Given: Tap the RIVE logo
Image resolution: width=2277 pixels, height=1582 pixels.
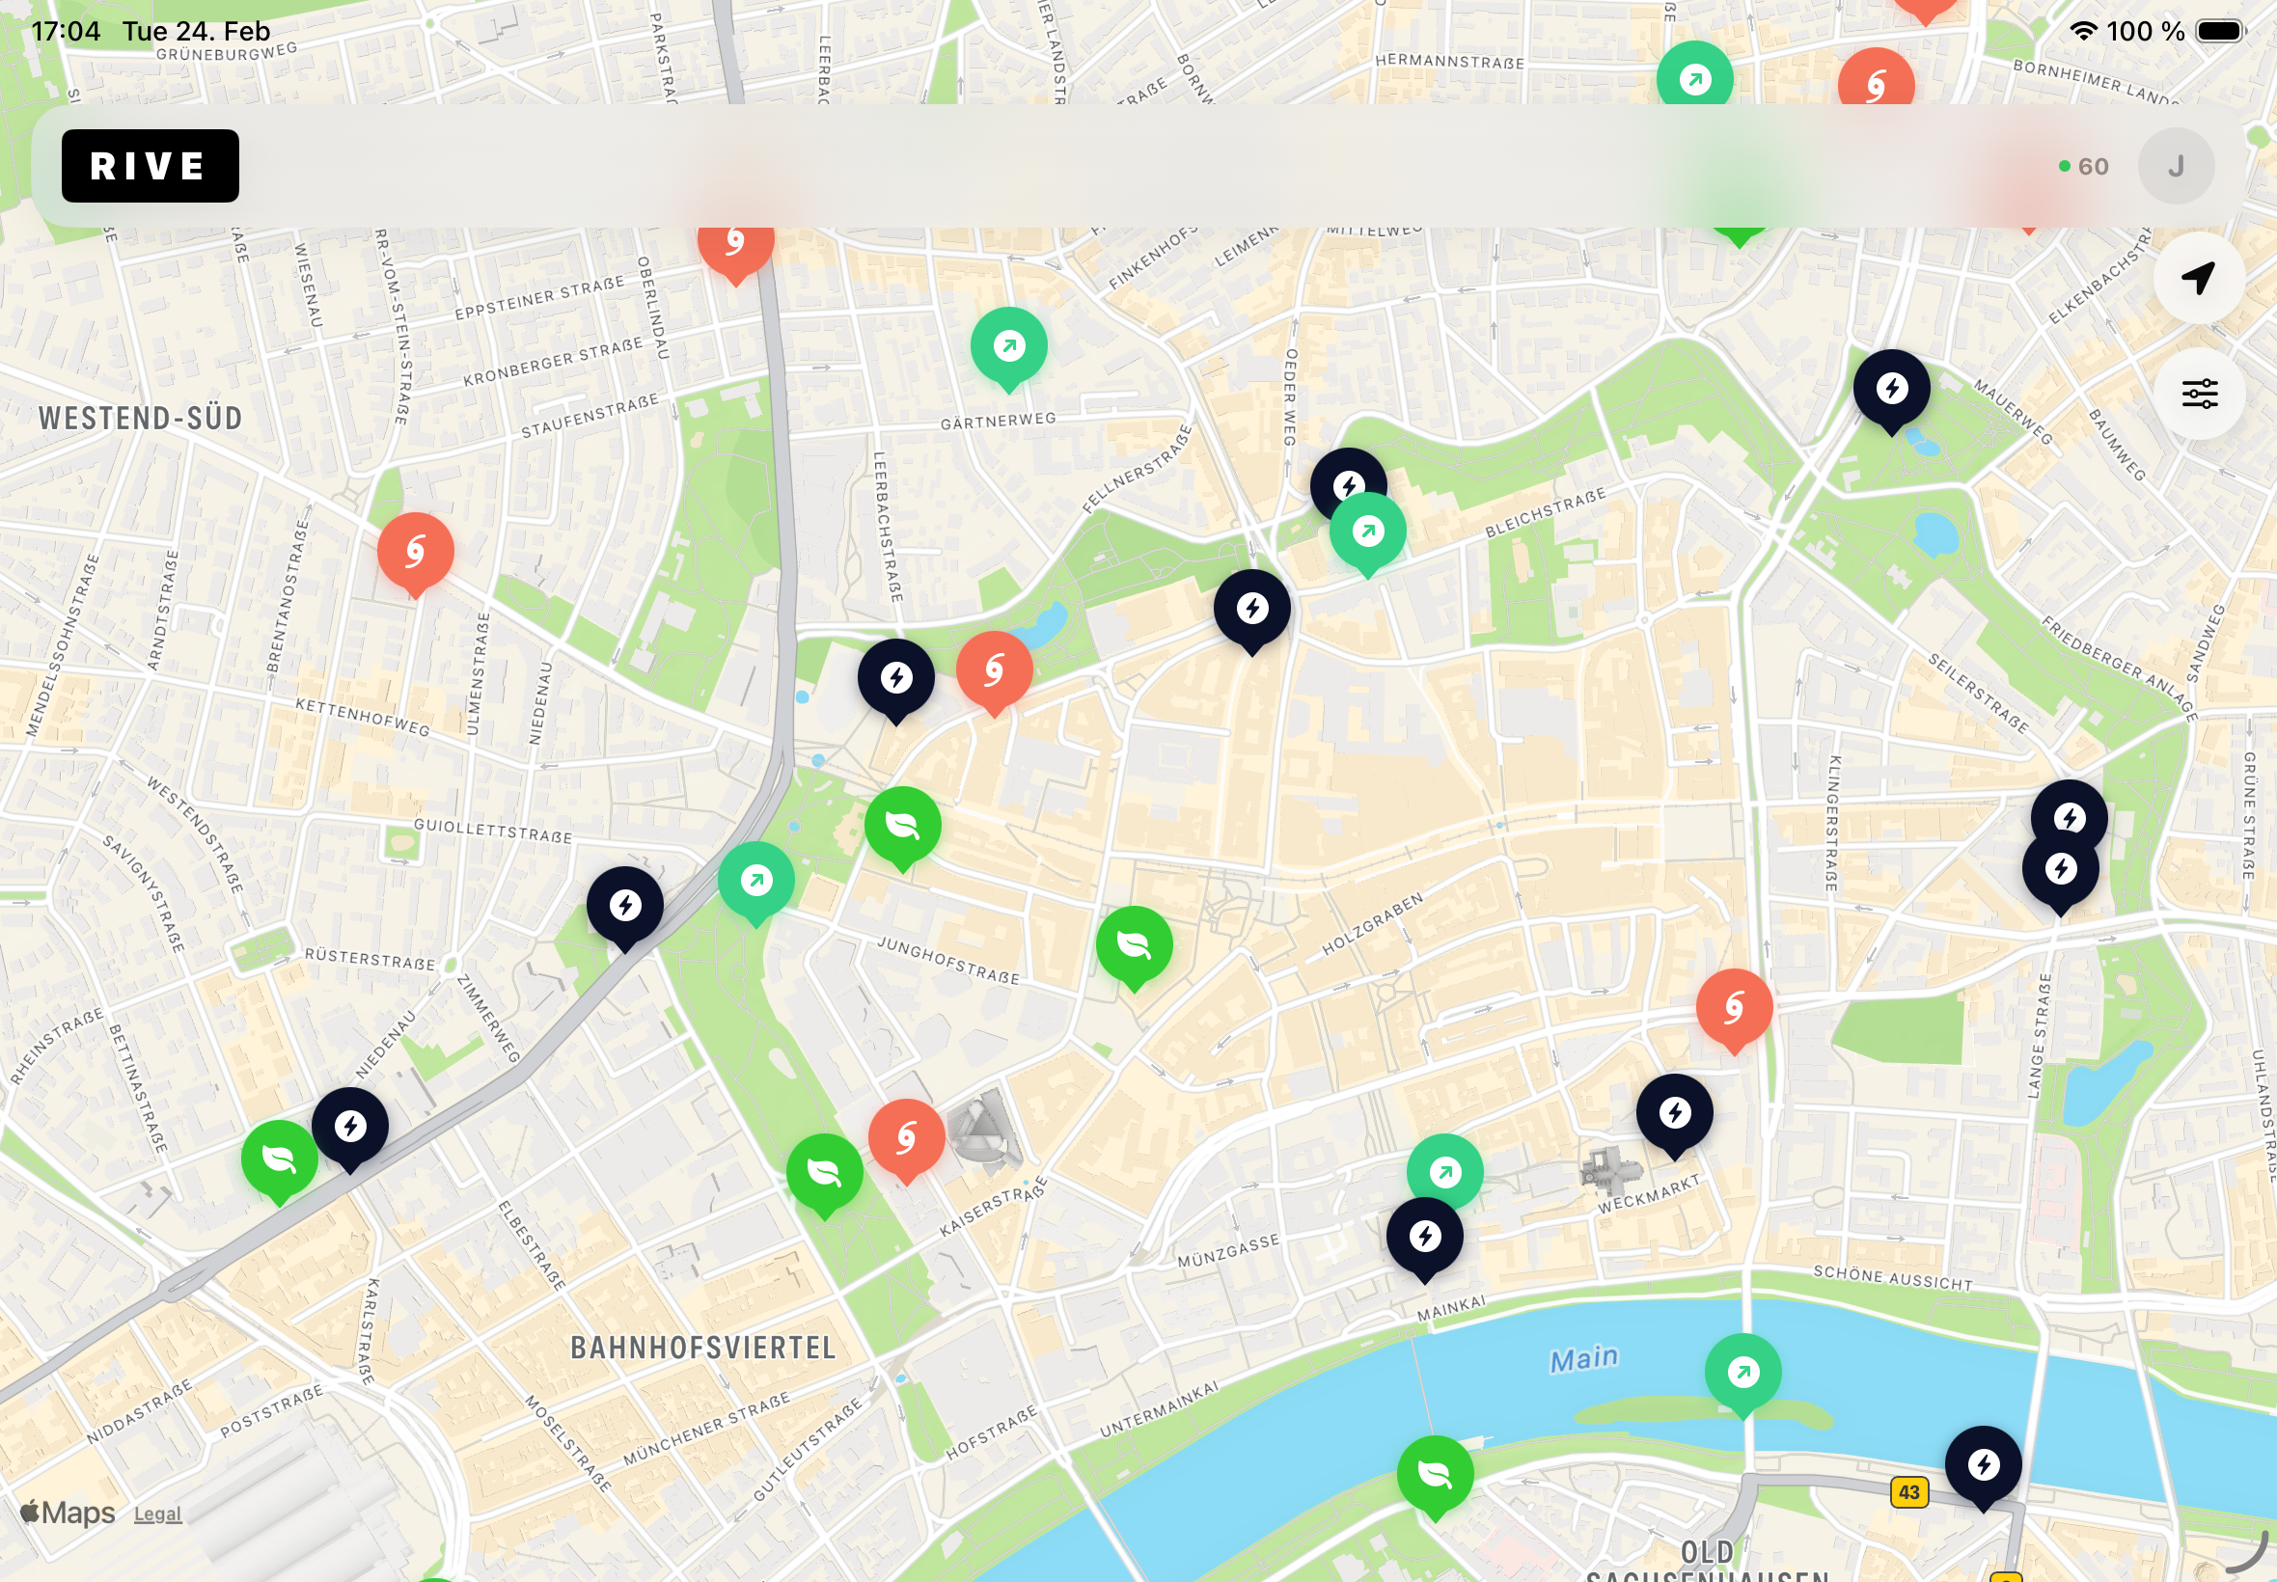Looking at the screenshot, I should click(150, 166).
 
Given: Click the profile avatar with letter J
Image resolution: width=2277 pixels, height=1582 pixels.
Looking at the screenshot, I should click(2175, 166).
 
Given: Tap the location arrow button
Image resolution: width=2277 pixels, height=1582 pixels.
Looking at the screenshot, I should click(2198, 279).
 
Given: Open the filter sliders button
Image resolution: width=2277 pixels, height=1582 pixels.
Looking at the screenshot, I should click(2199, 394).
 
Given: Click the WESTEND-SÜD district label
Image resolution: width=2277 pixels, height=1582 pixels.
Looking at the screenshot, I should click(140, 419).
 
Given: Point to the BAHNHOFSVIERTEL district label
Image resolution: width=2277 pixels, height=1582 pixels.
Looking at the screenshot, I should click(702, 1347).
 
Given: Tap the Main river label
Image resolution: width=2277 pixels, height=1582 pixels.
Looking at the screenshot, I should click(1583, 1358).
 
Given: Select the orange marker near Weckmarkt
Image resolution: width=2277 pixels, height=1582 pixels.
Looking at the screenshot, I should click(1734, 1007).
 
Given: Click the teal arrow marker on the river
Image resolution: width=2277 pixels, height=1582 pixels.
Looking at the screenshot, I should click(1742, 1371).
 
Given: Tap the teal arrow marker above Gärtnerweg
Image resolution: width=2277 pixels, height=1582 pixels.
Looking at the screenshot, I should click(1008, 346).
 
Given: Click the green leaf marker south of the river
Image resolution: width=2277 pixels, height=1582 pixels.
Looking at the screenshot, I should click(1435, 1473).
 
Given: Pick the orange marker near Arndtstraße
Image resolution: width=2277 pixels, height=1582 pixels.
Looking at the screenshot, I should click(415, 551).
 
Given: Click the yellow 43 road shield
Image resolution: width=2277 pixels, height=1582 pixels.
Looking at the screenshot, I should click(1908, 1491).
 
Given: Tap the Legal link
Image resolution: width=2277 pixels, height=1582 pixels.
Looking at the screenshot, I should click(157, 1514).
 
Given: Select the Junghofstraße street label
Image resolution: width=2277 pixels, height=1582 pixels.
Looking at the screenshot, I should click(947, 959).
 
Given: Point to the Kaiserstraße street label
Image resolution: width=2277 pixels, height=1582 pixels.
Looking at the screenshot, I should click(992, 1207).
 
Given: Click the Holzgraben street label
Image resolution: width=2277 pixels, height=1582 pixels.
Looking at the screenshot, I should click(1372, 924).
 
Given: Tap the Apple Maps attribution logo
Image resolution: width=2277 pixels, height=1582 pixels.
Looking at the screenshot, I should click(68, 1513).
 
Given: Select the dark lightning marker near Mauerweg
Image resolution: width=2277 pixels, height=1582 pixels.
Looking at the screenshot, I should click(1891, 388).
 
